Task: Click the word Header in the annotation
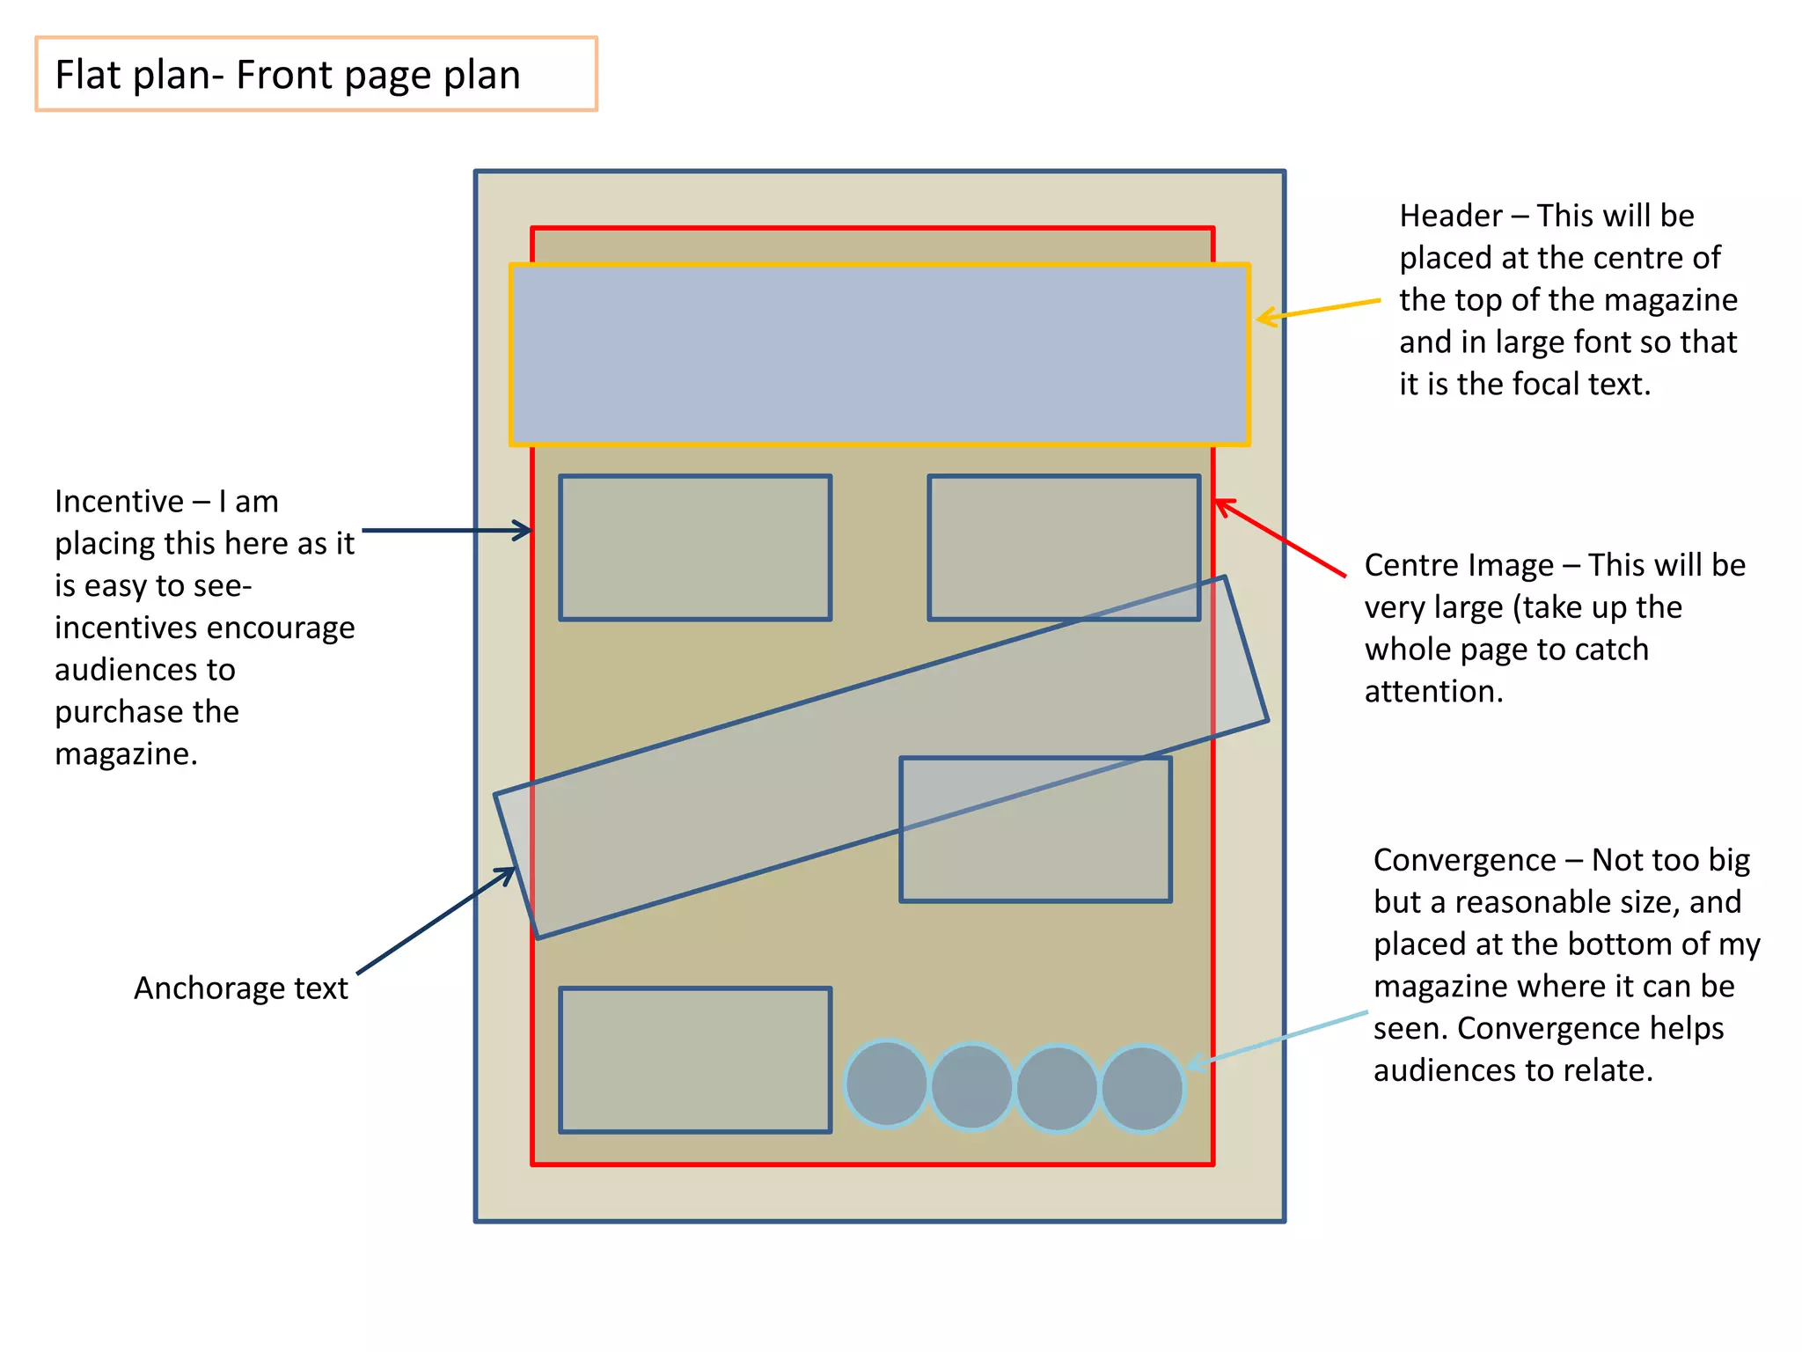pyautogui.click(x=1450, y=217)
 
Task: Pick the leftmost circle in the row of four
pyautogui.click(x=886, y=1084)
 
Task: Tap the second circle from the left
pyautogui.click(x=971, y=1086)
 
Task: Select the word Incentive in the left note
pyautogui.click(x=119, y=502)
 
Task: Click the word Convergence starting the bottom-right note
pyautogui.click(x=1464, y=860)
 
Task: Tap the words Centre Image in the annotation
pyautogui.click(x=1459, y=566)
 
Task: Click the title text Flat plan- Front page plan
pyautogui.click(x=288, y=75)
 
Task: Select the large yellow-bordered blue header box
pyautogui.click(x=880, y=354)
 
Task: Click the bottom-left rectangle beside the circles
pyautogui.click(x=695, y=1060)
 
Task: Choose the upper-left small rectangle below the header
pyautogui.click(x=695, y=547)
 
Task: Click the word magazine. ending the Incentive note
pyautogui.click(x=126, y=754)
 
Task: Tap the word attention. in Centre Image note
pyautogui.click(x=1433, y=692)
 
